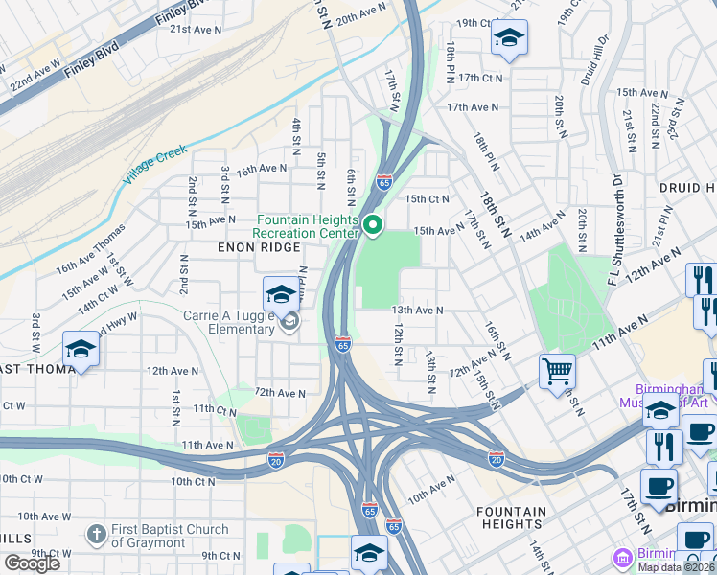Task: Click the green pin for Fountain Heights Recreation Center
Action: [373, 226]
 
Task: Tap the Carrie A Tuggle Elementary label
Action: [229, 323]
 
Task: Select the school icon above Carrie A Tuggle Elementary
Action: [281, 293]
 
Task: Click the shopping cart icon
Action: [557, 370]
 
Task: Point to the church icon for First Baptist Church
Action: [95, 534]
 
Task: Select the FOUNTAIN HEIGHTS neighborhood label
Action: [511, 517]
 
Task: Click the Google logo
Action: [32, 563]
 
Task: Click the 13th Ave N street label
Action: [417, 310]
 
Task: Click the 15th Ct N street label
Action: [428, 199]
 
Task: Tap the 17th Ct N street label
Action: [480, 78]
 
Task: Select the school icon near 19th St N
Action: [509, 38]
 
